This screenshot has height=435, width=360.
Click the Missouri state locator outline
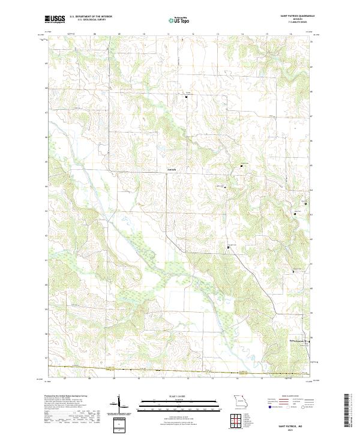pyautogui.click(x=239, y=401)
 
